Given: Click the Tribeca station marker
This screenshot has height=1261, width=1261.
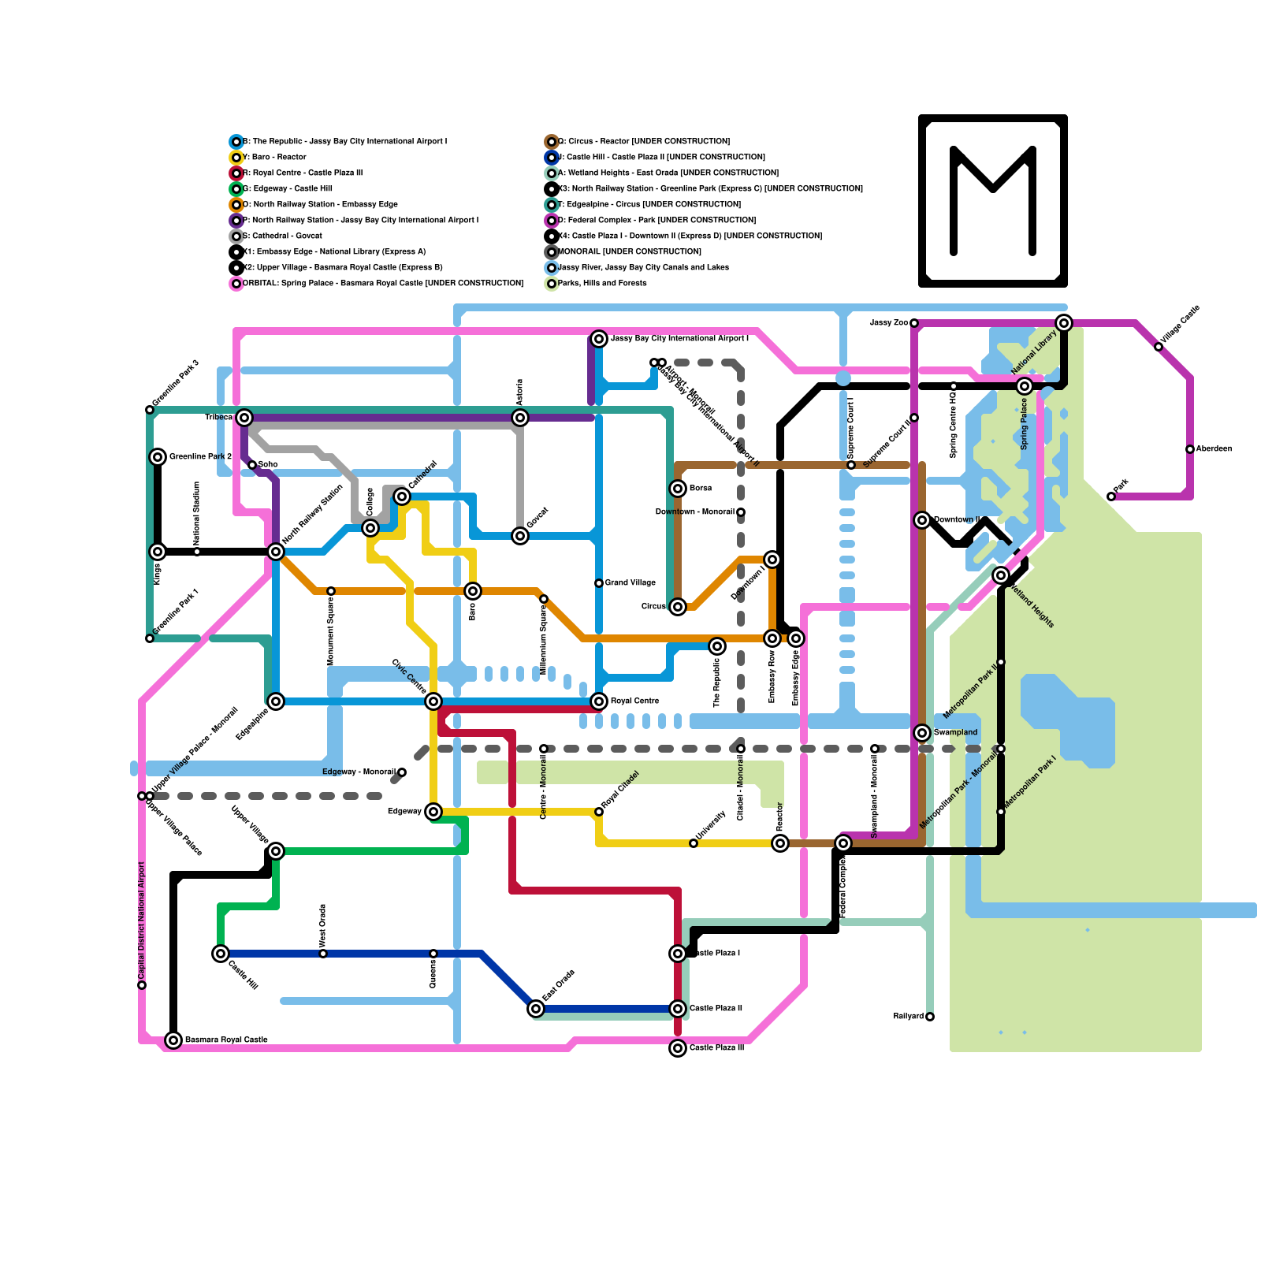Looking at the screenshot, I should (x=244, y=418).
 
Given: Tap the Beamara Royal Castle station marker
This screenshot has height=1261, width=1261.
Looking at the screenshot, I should (x=173, y=1040).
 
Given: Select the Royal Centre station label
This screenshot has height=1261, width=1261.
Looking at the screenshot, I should (x=634, y=701).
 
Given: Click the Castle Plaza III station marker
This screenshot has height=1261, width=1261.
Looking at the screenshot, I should (x=678, y=1048).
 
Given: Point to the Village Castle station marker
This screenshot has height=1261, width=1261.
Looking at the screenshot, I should (x=1159, y=347).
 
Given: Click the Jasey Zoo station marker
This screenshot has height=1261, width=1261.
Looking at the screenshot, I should (x=914, y=323).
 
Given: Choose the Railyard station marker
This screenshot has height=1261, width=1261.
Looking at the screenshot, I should (x=930, y=1017).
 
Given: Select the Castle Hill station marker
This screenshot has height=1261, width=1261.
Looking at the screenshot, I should (x=221, y=954).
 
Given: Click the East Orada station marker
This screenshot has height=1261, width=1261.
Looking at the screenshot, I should (x=536, y=1009).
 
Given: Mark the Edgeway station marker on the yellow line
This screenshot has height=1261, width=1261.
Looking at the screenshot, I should (x=433, y=812).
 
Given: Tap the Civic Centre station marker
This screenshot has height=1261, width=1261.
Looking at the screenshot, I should (x=433, y=701).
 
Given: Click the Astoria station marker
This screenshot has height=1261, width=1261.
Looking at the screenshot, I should (x=520, y=418).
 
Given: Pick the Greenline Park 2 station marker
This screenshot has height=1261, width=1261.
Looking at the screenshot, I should (x=158, y=457).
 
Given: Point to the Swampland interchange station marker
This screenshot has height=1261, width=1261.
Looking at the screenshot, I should (x=922, y=733).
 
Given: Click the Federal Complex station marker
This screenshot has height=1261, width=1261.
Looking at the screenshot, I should (x=843, y=843).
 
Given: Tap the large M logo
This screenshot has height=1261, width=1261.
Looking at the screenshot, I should (x=993, y=201).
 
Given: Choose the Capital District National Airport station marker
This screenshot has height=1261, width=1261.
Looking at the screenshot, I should (x=142, y=985).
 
